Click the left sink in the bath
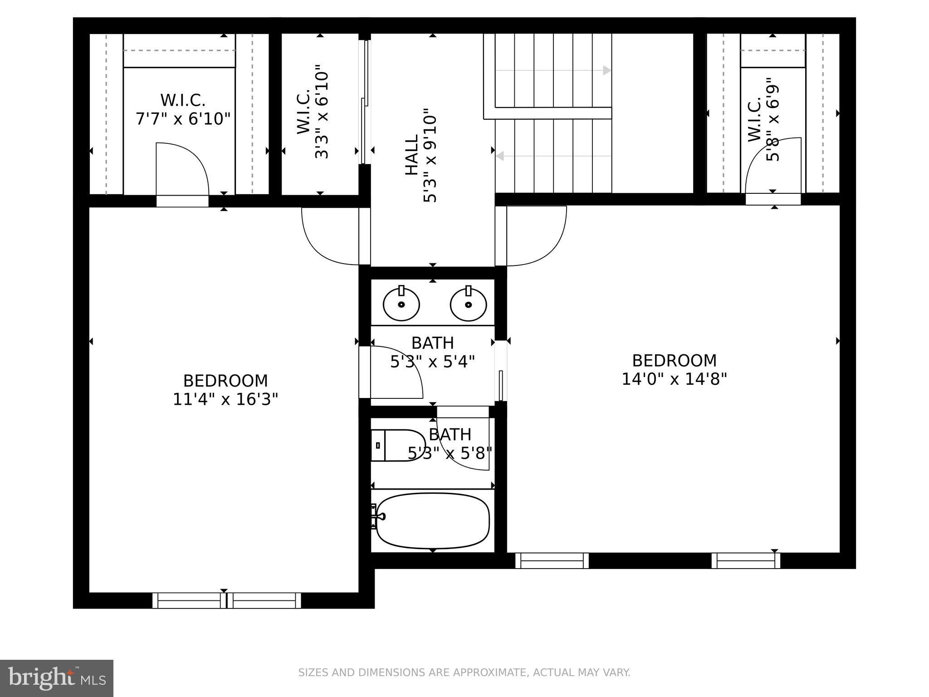[x=401, y=304]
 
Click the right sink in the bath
[x=468, y=304]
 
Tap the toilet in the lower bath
[x=397, y=445]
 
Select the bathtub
[x=432, y=521]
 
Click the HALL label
[x=411, y=156]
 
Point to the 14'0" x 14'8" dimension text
[x=674, y=379]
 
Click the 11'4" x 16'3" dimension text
[x=225, y=400]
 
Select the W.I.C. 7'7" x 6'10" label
[x=183, y=110]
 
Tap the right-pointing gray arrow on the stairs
[x=606, y=70]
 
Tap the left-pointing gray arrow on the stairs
[x=500, y=156]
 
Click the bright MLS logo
[x=57, y=678]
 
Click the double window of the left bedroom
[x=227, y=600]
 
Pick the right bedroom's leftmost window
[x=552, y=561]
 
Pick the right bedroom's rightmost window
[x=746, y=561]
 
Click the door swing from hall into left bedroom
[x=330, y=237]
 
